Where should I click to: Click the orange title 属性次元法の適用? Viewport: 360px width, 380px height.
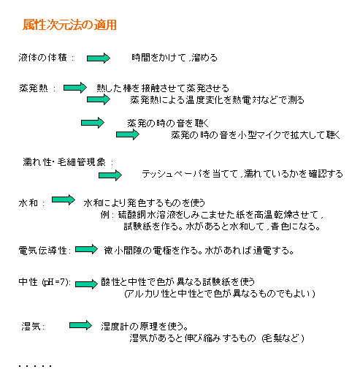point(69,25)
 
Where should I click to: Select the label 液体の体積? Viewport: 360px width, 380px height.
point(42,58)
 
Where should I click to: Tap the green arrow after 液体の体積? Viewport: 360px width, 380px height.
point(99,58)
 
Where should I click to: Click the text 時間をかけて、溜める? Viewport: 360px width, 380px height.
point(175,58)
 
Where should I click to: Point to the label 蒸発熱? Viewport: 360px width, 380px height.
point(34,88)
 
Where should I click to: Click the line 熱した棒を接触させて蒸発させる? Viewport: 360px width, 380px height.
point(163,88)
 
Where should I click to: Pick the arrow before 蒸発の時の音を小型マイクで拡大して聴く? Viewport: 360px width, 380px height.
point(128,134)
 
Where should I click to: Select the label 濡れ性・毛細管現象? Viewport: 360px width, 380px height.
point(64,162)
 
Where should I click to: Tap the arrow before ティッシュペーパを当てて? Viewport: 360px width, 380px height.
point(110,175)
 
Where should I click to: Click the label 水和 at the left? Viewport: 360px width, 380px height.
point(28,202)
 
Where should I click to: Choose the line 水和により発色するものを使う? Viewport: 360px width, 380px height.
point(145,202)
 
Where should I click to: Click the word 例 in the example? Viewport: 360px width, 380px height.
point(105,215)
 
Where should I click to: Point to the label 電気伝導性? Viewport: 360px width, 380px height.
point(42,251)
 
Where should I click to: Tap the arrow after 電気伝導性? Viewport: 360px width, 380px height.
point(86,249)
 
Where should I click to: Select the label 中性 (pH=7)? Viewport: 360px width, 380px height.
point(45,282)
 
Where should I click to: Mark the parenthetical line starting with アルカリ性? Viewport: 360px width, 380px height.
point(220,294)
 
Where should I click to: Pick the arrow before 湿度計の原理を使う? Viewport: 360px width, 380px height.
point(80,325)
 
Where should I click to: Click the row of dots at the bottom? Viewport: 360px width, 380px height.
point(35,366)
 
